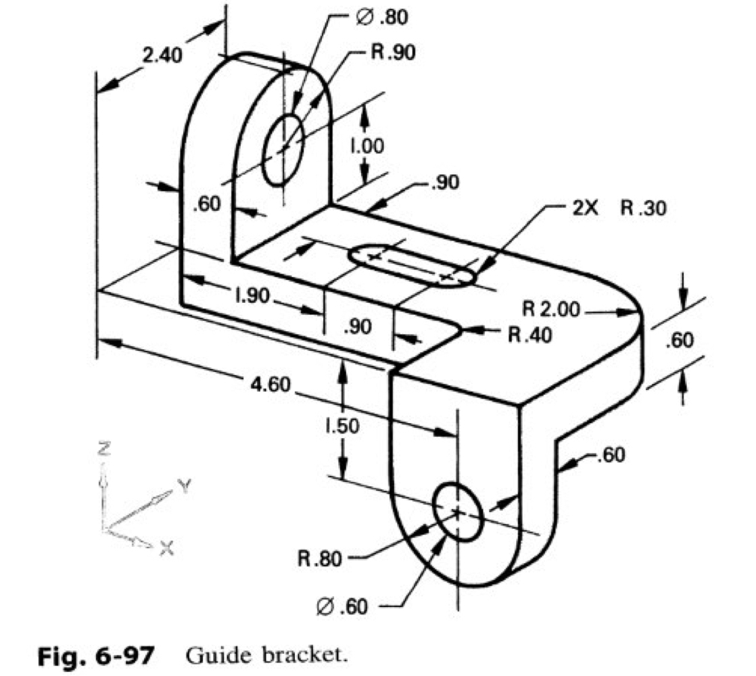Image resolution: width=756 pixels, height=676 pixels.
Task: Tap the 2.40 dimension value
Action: [x=162, y=55]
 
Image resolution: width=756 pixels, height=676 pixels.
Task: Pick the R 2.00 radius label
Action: [x=552, y=310]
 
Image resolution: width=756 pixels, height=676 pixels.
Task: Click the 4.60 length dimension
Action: [x=271, y=385]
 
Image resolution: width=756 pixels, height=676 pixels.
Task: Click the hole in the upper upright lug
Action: [x=283, y=149]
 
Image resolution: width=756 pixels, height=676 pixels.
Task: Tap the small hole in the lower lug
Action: [x=458, y=512]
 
